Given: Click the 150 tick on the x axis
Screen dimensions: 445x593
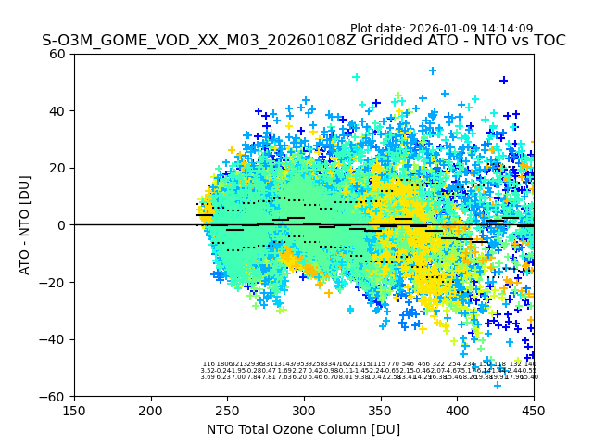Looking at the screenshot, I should coord(74,409).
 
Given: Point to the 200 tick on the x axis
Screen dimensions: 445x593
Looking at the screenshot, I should coord(151,409).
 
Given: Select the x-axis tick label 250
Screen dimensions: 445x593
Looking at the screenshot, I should coord(227,409).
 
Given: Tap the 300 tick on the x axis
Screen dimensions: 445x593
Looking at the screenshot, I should coord(304,409).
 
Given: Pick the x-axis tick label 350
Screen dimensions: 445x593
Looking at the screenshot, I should coord(381,409).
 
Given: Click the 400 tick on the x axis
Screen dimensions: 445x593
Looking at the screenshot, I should coord(457,409).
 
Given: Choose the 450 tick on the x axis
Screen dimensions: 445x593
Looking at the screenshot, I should coord(534,409).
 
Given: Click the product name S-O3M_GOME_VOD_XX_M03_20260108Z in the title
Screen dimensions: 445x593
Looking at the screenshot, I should coord(174,41).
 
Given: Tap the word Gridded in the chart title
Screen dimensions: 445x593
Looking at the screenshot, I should coord(342,41).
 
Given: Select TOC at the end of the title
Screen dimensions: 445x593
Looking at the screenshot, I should coord(547,41).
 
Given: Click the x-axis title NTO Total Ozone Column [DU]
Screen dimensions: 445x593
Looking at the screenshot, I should coord(304,429).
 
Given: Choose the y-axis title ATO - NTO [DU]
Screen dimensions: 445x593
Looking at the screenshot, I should coord(26,225).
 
